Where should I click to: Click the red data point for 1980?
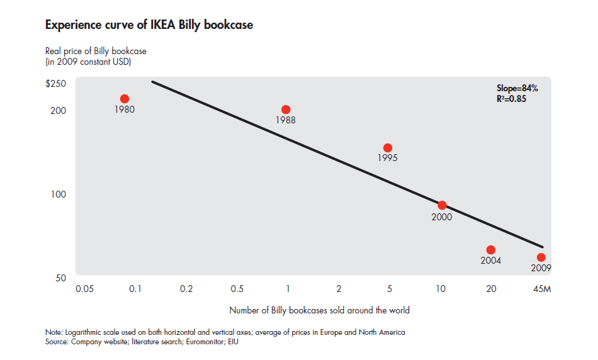tap(125, 99)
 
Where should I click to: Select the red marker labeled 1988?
tap(286, 110)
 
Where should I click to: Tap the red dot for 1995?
tap(388, 148)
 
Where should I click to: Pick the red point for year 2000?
tap(442, 205)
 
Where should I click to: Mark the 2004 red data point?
tap(491, 250)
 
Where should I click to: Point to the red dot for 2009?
tap(541, 257)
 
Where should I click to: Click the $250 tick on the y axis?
tap(55, 84)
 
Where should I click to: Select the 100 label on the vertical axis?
tap(59, 194)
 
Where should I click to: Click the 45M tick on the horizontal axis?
tap(541, 289)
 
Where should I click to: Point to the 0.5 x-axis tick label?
tap(237, 289)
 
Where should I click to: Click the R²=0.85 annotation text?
tap(511, 99)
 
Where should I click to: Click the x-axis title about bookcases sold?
tap(319, 310)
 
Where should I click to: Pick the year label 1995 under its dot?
tap(388, 159)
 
